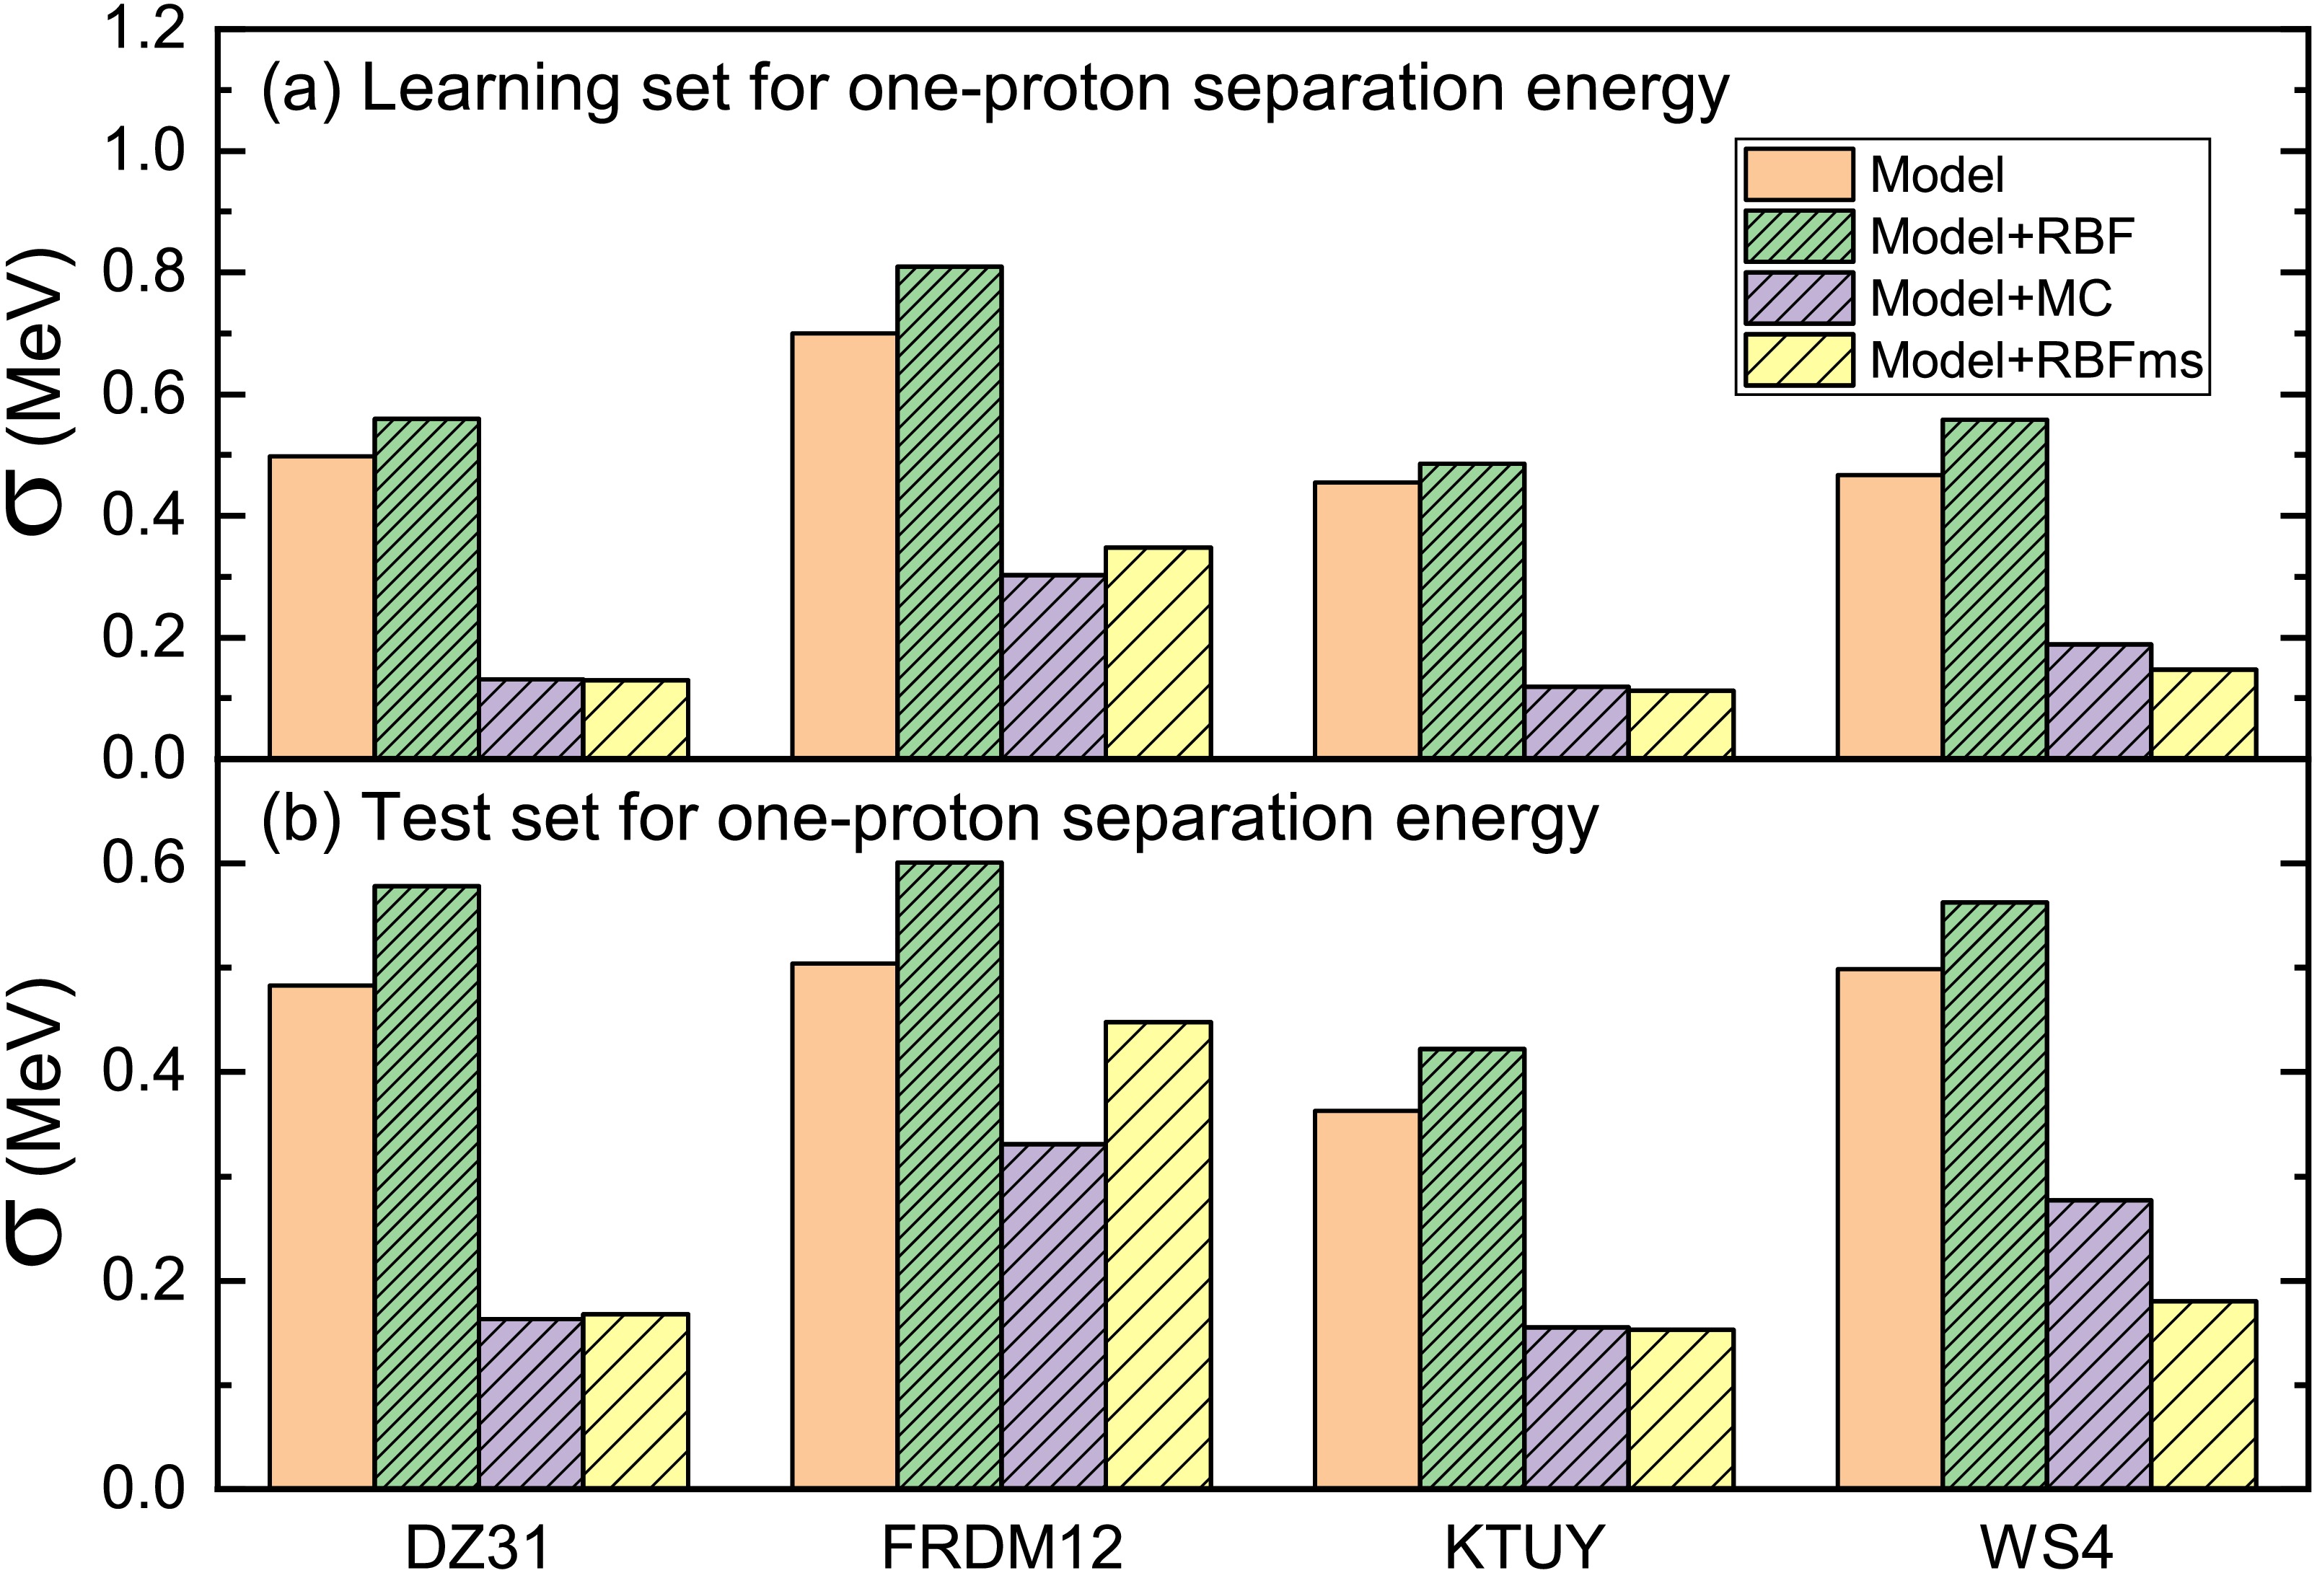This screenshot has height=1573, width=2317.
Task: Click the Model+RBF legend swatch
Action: (x=1798, y=237)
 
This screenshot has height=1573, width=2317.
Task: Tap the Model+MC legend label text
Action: (x=1990, y=298)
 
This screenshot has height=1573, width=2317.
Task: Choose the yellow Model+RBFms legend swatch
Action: (x=1798, y=360)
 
